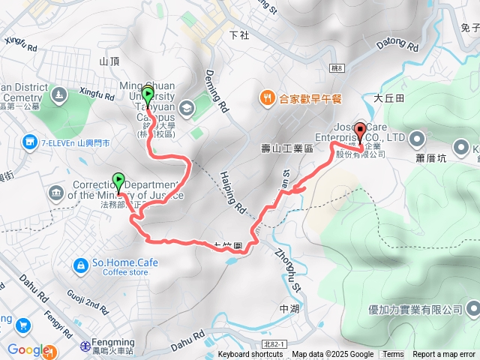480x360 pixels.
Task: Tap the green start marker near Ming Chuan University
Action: click(148, 95)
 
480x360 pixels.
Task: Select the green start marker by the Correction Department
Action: click(118, 181)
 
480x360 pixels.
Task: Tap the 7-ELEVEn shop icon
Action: click(29, 141)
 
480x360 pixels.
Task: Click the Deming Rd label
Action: click(215, 91)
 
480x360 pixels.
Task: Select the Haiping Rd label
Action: click(233, 190)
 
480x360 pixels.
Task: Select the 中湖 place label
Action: click(289, 309)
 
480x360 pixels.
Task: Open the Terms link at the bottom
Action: click(393, 354)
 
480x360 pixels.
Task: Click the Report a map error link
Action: click(445, 354)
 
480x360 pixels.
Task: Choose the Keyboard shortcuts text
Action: click(250, 354)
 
